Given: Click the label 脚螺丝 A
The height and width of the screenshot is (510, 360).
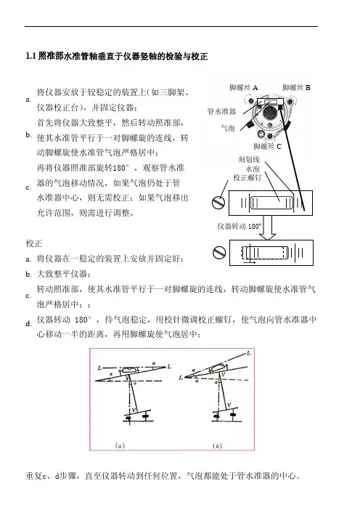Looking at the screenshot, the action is pos(243,87).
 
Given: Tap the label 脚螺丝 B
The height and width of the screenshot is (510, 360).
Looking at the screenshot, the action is pos(296,87).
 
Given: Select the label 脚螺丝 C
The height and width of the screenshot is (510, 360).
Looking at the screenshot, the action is pos(267,146).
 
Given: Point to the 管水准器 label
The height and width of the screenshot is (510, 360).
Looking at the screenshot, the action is pos(221,112).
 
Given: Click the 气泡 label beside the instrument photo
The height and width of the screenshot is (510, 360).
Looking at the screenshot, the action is pos(228,128).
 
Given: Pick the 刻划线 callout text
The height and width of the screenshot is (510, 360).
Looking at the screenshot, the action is pos(249,159).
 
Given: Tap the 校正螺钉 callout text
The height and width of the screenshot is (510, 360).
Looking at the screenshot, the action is pos(247,177).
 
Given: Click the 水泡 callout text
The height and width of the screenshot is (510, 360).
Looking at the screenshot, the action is pos(253,169).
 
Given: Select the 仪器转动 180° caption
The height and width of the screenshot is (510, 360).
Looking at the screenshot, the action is pos(240,227).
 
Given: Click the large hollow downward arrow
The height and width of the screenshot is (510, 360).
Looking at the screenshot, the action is pos(268,227).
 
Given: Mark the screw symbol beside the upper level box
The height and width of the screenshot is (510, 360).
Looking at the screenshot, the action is pos(218,203).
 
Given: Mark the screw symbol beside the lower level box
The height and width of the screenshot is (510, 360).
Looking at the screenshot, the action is pos(219,252).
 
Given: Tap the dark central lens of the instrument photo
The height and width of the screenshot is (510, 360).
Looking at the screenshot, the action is pos(269,113).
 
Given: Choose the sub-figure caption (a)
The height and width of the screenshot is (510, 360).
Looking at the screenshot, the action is pos(120,446).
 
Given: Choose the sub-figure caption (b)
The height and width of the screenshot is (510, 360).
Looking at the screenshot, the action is pos(217,446).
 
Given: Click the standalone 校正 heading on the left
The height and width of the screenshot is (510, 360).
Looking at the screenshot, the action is pos(34,243).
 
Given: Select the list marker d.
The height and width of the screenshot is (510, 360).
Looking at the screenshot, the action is pos(28,324).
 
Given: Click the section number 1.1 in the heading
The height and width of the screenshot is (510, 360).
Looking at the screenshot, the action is pos(30,56).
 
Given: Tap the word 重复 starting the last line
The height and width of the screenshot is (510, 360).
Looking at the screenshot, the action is pos(34,476).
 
